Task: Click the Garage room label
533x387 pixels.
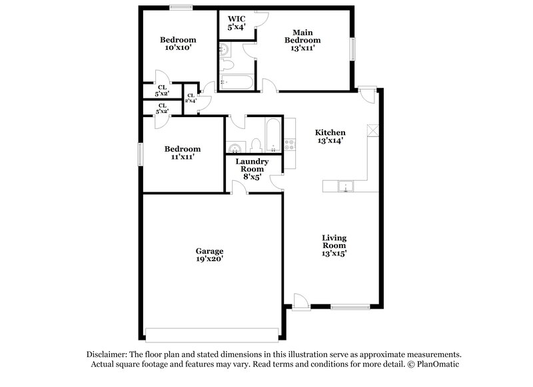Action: (x=209, y=251)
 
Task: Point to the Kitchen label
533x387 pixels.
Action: (x=330, y=132)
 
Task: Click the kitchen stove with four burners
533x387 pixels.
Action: (x=289, y=144)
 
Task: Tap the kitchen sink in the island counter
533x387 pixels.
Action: (x=345, y=186)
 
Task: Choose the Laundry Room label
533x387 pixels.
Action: (x=253, y=165)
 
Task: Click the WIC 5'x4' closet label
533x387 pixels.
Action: (x=237, y=23)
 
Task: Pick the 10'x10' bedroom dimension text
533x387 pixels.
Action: (x=176, y=48)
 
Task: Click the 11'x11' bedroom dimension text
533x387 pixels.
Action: (x=182, y=158)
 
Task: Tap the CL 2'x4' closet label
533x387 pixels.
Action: (x=191, y=99)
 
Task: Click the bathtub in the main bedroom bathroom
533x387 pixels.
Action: (x=236, y=83)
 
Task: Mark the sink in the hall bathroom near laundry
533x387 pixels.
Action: (x=235, y=147)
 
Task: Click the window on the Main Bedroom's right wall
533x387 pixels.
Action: (x=354, y=49)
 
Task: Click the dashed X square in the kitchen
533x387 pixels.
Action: (x=373, y=130)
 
